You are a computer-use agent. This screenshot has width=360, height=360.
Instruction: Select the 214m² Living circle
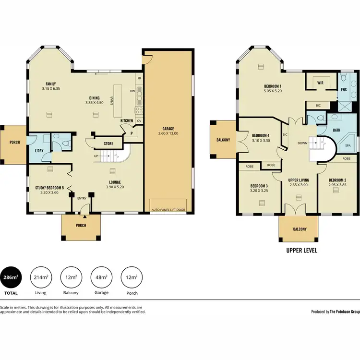click(x=41, y=277)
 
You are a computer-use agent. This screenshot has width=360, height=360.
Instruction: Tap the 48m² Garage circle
click(x=101, y=277)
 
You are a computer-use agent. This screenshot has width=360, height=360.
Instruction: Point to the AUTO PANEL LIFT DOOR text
click(x=169, y=210)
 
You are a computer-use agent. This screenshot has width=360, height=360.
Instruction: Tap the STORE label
click(x=108, y=144)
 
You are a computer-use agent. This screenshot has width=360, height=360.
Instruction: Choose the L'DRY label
click(x=39, y=151)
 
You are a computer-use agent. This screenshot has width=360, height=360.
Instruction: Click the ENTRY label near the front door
click(x=82, y=198)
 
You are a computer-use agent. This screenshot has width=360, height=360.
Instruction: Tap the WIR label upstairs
click(x=320, y=83)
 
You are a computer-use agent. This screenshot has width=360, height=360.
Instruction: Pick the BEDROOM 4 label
click(x=261, y=135)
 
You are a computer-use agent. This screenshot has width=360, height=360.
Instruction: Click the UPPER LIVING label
click(x=298, y=180)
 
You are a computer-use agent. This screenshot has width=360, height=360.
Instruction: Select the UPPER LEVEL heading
click(x=301, y=250)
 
